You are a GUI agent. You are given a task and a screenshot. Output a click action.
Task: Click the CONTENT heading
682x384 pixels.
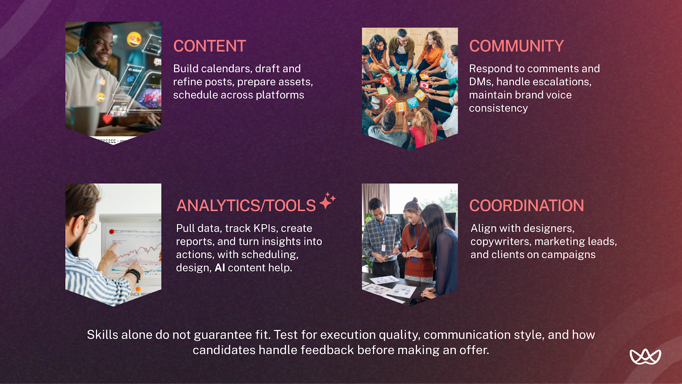tap(209, 46)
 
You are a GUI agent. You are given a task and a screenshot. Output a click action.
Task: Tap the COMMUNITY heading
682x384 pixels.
tap(516, 46)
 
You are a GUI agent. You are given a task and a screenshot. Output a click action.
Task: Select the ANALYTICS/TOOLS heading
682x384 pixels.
tap(246, 206)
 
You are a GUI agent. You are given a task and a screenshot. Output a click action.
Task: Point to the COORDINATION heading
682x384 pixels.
tap(526, 206)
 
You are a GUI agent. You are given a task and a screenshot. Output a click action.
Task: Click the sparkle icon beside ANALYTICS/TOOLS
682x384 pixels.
tap(327, 201)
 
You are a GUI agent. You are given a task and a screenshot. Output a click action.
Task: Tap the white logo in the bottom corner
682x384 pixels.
tap(645, 356)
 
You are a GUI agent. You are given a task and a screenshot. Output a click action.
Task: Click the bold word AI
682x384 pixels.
tap(220, 268)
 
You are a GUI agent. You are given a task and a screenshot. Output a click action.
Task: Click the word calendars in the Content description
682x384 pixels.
tap(226, 69)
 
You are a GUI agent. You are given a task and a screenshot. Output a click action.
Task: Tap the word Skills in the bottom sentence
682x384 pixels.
tap(102, 335)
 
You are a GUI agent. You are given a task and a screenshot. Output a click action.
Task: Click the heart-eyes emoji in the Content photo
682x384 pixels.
tap(134, 39)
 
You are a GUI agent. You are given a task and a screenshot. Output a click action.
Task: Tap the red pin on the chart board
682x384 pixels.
tap(112, 232)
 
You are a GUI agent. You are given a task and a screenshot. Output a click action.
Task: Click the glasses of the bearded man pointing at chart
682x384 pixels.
tap(91, 226)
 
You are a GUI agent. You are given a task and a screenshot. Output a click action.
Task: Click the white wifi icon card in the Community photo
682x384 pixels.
tap(412, 102)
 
